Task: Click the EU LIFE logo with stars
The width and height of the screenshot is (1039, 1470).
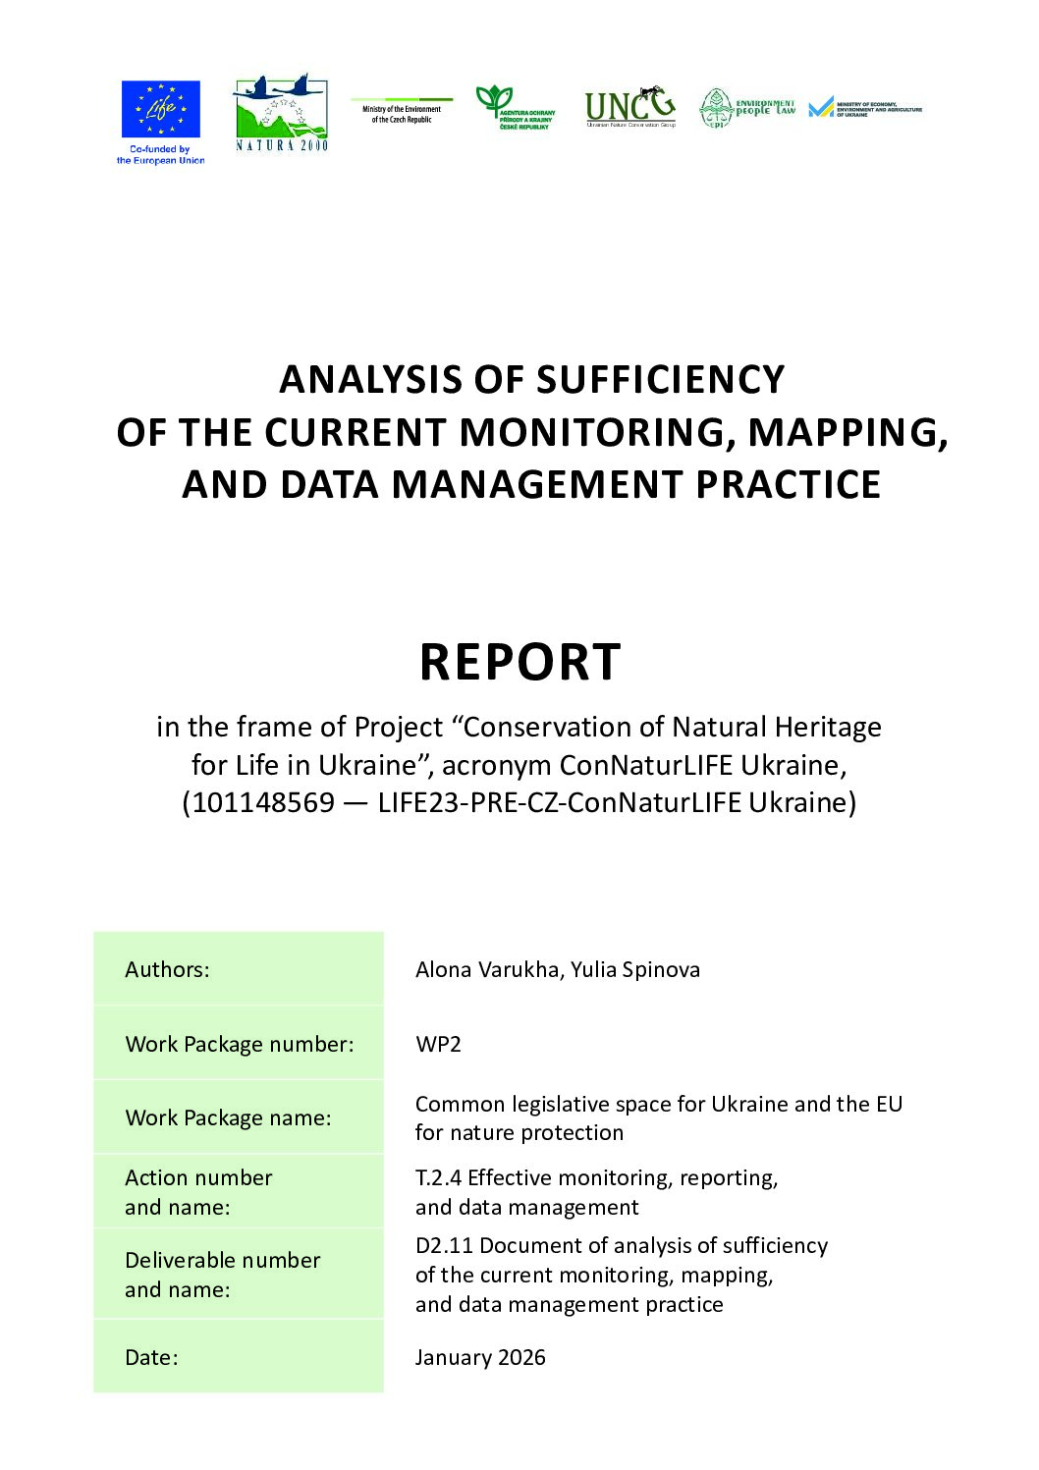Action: [160, 109]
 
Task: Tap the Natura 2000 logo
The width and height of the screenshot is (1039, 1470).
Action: [281, 113]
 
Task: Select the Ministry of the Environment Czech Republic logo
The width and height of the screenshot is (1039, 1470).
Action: [402, 111]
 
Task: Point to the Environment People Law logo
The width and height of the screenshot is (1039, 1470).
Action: [747, 108]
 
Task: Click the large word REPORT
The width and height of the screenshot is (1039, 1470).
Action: [519, 662]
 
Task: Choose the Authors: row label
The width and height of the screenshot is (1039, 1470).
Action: [167, 969]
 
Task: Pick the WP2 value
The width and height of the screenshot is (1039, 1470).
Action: [438, 1044]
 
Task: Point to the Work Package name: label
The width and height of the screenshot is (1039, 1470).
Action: [228, 1117]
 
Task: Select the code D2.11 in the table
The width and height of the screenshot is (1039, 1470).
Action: [444, 1245]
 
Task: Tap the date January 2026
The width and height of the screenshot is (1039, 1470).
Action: [480, 1357]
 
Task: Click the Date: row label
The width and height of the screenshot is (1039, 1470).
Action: [151, 1357]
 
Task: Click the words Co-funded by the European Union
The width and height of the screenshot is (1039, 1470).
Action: [160, 155]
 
